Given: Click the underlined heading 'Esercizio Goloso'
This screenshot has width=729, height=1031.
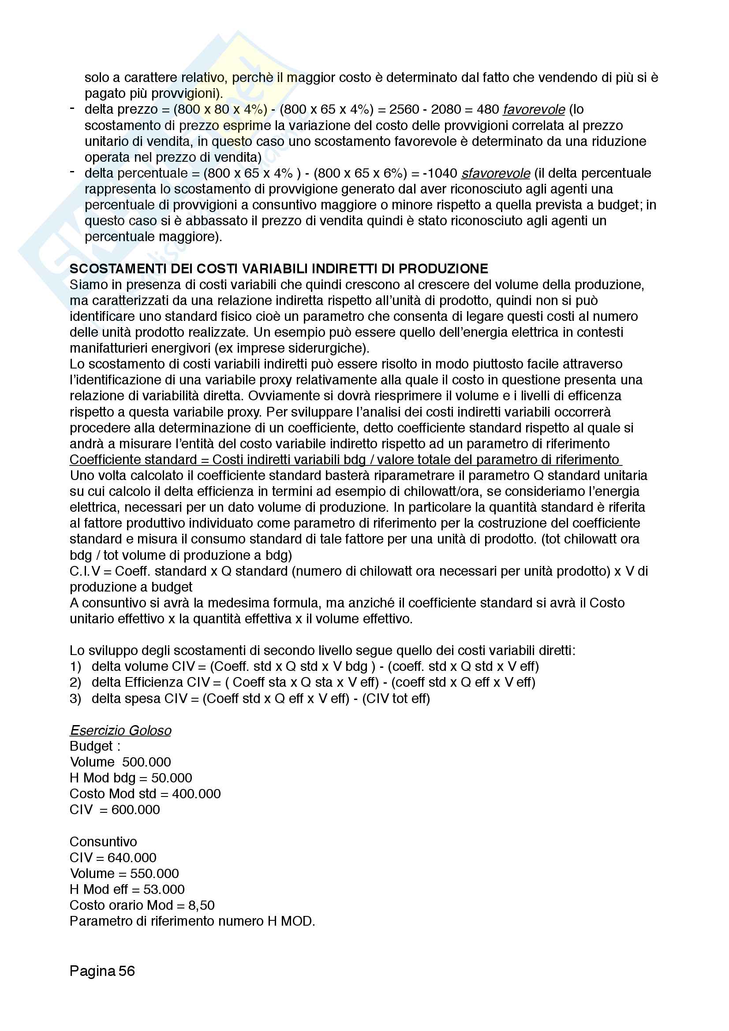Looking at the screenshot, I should [x=120, y=730].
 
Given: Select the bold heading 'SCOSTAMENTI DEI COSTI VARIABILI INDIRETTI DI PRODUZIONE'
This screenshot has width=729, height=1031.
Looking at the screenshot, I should [x=278, y=268].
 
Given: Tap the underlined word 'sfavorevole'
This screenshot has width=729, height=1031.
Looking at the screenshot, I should [x=495, y=173].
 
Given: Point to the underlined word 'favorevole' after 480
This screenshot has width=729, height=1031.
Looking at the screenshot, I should [x=534, y=110].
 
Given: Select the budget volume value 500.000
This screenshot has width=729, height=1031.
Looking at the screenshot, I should [x=146, y=762].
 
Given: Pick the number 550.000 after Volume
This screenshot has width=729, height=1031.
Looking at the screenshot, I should [x=154, y=873].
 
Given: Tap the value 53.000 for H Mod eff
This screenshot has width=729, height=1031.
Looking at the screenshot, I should [x=164, y=890].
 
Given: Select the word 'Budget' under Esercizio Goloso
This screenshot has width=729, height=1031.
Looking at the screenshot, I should [x=91, y=746].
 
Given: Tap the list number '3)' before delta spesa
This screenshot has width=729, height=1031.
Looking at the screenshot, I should [x=75, y=699].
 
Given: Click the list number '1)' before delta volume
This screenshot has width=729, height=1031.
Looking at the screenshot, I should [x=75, y=667].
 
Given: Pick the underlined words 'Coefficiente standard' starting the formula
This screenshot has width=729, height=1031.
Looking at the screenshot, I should [x=133, y=460].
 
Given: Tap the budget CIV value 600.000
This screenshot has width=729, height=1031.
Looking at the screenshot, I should [x=136, y=810].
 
